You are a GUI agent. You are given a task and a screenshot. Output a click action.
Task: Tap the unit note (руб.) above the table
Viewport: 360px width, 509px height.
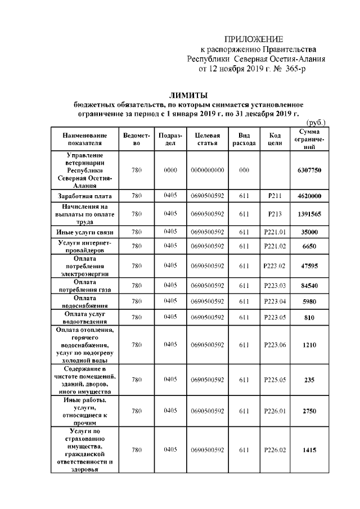[x=316, y=123]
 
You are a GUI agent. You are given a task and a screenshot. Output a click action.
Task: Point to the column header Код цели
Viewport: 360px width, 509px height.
[x=275, y=139]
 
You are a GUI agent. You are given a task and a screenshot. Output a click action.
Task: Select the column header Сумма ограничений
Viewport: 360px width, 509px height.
[x=309, y=139]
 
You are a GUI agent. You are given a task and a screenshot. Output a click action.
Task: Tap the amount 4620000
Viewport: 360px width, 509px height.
[x=309, y=196]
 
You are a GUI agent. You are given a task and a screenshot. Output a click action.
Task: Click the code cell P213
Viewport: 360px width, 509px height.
[x=275, y=214]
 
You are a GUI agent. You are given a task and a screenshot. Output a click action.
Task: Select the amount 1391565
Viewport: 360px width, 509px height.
[x=309, y=214]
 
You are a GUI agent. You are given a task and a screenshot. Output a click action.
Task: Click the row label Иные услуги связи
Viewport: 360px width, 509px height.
[x=85, y=232]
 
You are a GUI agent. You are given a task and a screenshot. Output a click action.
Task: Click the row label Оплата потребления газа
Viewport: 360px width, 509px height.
[x=85, y=286]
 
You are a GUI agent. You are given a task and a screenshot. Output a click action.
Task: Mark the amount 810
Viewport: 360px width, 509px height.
[x=309, y=317]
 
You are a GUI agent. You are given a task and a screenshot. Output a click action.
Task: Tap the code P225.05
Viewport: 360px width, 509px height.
[x=275, y=380]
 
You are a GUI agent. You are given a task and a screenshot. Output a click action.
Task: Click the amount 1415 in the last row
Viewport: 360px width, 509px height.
[x=309, y=451]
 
